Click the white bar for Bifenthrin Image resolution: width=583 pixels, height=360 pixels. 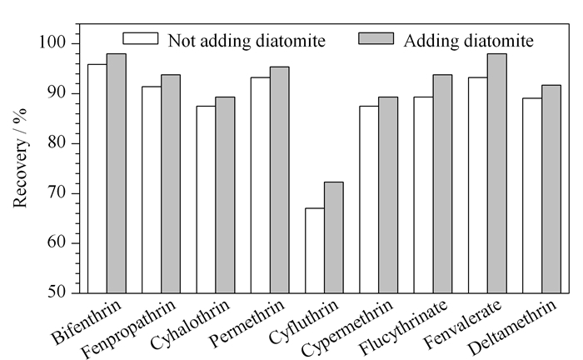pos(97,178)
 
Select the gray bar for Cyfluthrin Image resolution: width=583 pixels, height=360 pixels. pos(334,237)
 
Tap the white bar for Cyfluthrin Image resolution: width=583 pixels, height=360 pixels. pos(315,251)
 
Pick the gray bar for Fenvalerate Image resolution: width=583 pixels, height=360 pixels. pos(497,173)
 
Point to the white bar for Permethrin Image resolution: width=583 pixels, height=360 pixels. pos(260,185)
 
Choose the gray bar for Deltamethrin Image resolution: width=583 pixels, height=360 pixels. pos(551,189)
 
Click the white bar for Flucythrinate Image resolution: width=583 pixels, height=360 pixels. pos(423,195)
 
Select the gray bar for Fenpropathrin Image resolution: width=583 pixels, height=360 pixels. pos(171,184)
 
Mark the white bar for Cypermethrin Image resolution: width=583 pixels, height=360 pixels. pos(369,200)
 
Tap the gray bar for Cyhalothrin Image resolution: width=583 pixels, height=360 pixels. pos(225,195)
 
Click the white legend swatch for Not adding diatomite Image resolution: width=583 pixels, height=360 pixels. pos(141,38)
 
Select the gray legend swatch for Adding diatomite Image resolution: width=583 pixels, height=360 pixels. pos(376,38)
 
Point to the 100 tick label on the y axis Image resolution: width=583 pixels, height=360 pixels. pos(52,42)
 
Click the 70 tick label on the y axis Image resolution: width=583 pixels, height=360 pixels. pos(57,193)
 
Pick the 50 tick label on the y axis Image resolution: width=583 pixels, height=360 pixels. pos(57,292)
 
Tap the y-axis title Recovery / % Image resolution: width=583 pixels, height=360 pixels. pos(20,158)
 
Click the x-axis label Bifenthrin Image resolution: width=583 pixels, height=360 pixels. pos(87,322)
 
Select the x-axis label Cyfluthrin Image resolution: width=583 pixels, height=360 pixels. pos(303,322)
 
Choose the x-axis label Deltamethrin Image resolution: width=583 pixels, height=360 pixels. pos(512,327)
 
